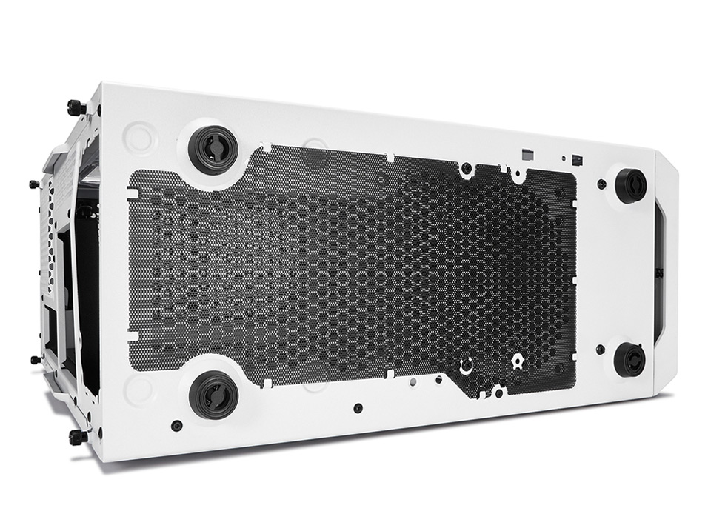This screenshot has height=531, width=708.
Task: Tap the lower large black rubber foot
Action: [x=215, y=394]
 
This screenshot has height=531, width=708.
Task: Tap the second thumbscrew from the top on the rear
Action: [x=33, y=184]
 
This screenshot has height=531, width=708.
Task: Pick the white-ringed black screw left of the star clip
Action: [x=466, y=367]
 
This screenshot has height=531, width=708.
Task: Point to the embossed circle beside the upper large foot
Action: [x=140, y=138]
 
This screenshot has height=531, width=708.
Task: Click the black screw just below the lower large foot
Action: [x=176, y=425]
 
